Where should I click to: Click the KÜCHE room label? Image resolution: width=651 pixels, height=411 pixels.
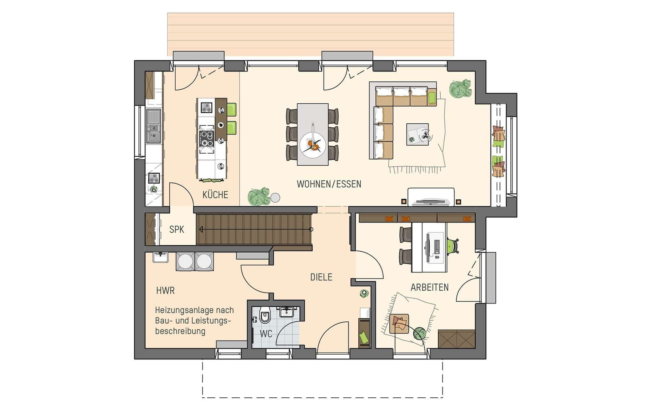(x=215, y=195)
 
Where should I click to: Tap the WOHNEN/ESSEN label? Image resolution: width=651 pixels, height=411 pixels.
(x=329, y=184)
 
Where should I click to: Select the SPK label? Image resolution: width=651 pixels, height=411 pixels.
(x=177, y=229)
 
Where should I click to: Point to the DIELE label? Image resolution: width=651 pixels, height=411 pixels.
(x=321, y=277)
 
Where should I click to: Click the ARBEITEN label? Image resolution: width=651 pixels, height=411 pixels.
(x=430, y=287)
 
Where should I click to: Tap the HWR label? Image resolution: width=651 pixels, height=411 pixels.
(x=165, y=291)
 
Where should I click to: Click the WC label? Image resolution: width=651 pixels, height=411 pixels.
(x=266, y=334)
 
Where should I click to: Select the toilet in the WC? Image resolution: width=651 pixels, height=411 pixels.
(x=265, y=316)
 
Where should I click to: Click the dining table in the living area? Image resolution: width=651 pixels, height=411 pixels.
(x=313, y=134)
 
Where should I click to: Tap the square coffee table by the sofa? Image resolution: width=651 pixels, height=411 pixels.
(x=417, y=134)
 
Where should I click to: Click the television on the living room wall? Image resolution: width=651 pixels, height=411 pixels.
(x=431, y=201)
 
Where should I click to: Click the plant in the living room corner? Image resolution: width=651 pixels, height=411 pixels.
(x=460, y=89)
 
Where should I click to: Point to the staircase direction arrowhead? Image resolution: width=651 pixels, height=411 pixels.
(x=201, y=229)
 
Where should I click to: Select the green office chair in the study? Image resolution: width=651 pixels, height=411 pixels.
(x=452, y=246)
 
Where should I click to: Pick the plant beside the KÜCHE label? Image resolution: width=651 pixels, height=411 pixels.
(x=259, y=196)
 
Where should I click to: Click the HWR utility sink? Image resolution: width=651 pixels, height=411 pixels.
(x=161, y=257)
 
